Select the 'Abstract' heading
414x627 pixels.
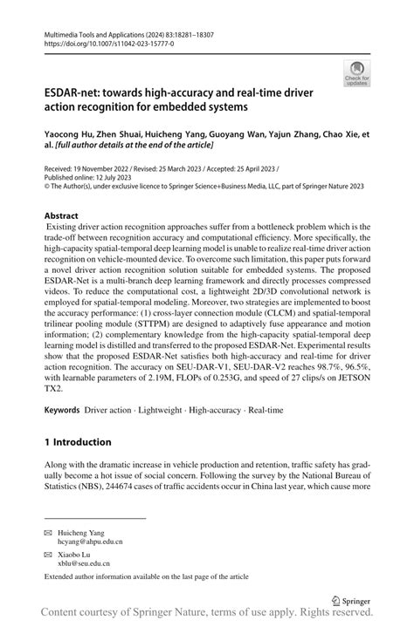(x=61, y=215)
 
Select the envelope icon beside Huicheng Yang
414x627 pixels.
(x=48, y=532)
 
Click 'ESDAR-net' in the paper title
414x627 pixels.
(x=77, y=92)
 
